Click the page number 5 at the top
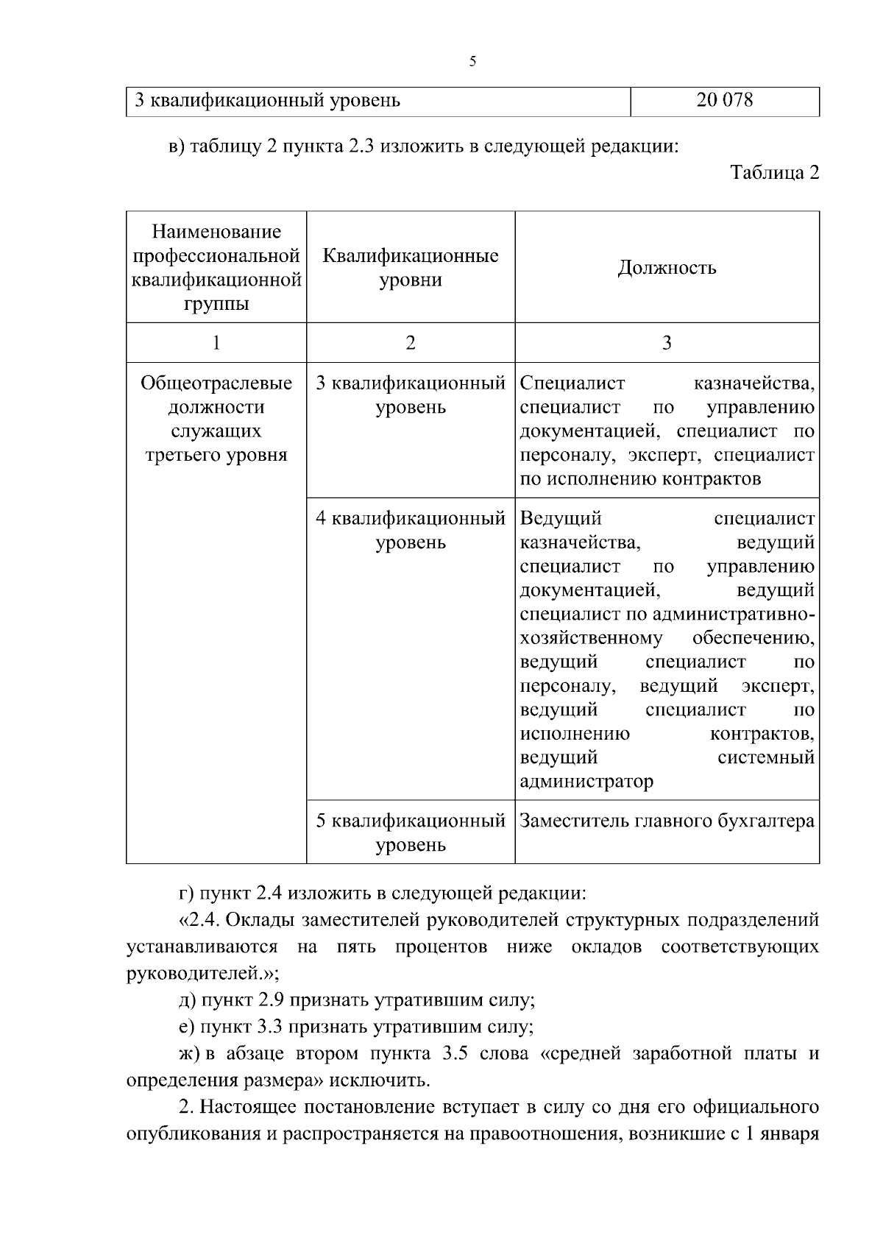[x=472, y=62]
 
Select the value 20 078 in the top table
[x=724, y=100]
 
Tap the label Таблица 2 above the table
[x=774, y=173]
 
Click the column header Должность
[x=667, y=267]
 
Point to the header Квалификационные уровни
[x=411, y=268]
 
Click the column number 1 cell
[x=216, y=342]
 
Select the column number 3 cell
[x=667, y=342]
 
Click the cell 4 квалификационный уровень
[x=411, y=531]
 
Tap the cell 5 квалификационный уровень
[x=411, y=832]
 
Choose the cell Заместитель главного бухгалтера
[x=667, y=821]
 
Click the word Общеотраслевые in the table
[x=216, y=383]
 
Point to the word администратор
[x=586, y=781]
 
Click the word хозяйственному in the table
[x=591, y=638]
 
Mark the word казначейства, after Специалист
[x=753, y=383]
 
